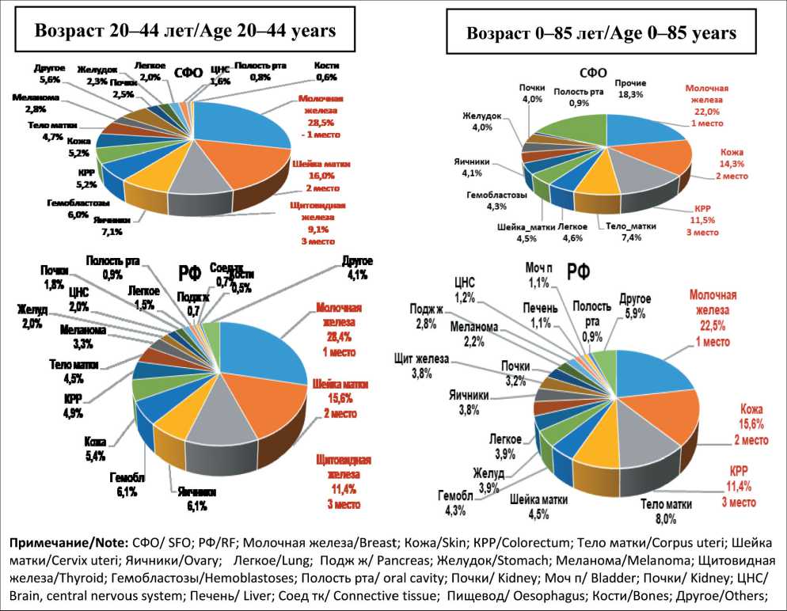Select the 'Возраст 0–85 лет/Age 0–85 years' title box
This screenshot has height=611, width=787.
(602, 33)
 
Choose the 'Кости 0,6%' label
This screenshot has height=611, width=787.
(325, 70)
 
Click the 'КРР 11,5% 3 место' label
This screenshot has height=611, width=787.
(698, 222)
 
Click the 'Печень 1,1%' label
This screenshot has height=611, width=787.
(545, 315)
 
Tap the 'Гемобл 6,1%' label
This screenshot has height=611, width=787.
(127, 485)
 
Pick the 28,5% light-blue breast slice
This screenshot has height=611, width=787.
(238, 123)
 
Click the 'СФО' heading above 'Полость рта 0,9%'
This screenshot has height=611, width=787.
(591, 72)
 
